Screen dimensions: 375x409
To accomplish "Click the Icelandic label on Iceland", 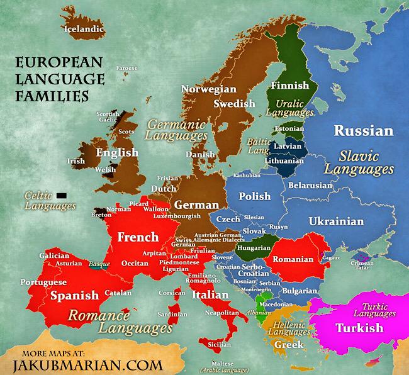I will click(83, 28).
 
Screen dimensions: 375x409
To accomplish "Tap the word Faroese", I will click(126, 68).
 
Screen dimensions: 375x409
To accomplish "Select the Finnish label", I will click(289, 86).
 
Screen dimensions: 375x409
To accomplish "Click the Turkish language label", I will click(359, 328).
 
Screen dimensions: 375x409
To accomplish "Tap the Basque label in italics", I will click(100, 264).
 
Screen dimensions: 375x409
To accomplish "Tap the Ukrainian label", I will click(335, 221).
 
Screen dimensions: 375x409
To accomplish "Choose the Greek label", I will click(289, 344).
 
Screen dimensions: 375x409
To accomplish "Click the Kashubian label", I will click(246, 176).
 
